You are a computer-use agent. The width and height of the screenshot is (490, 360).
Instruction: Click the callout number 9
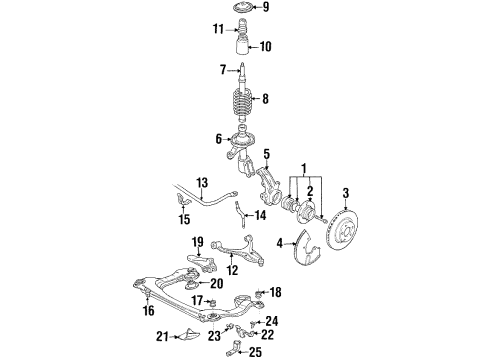[x=265, y=7]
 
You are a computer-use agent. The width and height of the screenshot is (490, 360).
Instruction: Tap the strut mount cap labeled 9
[x=243, y=8]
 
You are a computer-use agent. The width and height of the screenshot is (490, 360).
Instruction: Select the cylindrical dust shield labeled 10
[x=243, y=47]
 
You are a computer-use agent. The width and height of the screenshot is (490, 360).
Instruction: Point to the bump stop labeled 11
[x=243, y=29]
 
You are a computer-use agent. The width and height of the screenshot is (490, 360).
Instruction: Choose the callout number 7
[x=223, y=70]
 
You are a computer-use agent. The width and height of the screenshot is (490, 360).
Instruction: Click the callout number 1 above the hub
[x=304, y=168]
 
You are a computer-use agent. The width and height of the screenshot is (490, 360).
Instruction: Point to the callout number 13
[x=202, y=183]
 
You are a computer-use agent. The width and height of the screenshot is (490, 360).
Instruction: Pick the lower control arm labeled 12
[x=238, y=250]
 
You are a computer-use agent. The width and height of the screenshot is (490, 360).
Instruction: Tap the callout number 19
[x=198, y=241]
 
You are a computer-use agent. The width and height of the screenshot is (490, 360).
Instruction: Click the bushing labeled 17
[x=212, y=302]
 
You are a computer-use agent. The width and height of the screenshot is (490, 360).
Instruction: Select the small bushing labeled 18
[x=259, y=293]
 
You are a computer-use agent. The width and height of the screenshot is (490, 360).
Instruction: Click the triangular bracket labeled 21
[x=190, y=335]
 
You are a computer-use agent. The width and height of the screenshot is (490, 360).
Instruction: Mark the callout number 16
[x=149, y=311]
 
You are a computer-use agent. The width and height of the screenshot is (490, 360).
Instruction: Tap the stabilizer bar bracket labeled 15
[x=182, y=200]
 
